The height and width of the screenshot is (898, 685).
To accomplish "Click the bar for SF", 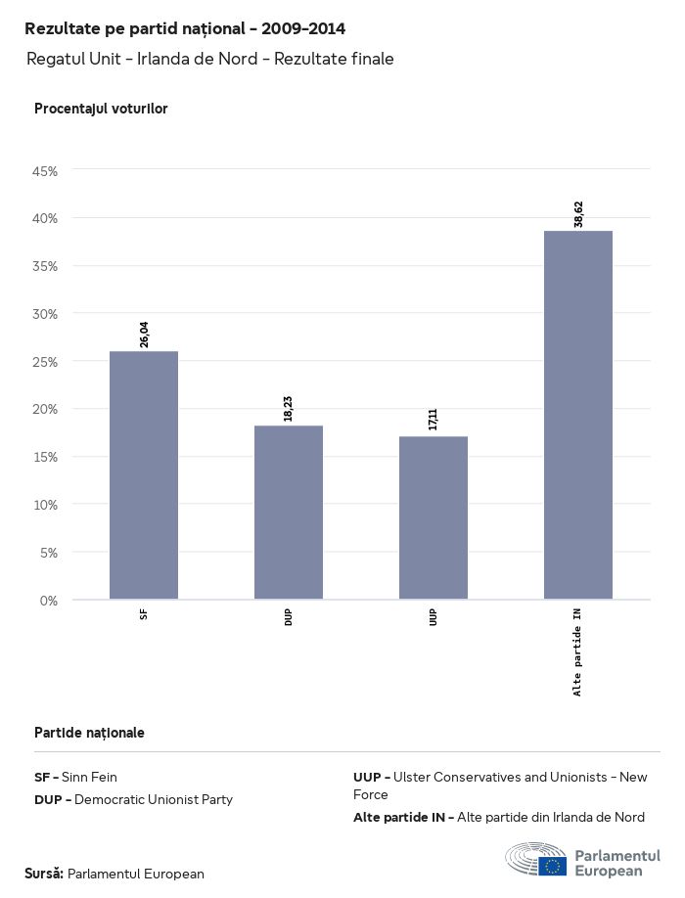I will [x=144, y=475].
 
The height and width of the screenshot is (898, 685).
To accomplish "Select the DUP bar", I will [x=289, y=513].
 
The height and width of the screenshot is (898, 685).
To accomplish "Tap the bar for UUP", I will [x=434, y=517].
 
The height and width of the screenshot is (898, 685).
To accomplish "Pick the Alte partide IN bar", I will [x=578, y=415].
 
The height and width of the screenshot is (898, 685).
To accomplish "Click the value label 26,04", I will [x=145, y=335].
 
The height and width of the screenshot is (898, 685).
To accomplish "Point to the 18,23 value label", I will [x=289, y=409].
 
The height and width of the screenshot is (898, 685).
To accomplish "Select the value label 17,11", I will [x=434, y=420].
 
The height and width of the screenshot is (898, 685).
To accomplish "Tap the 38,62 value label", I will [x=578, y=214].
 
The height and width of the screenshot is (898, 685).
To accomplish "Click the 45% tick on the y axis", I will [x=46, y=171].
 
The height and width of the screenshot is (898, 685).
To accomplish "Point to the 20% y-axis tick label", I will [x=46, y=409].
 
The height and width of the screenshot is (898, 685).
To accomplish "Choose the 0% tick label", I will [x=49, y=600].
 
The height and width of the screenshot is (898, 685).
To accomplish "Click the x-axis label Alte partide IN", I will [x=577, y=651].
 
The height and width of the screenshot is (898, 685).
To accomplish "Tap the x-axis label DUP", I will [x=289, y=617].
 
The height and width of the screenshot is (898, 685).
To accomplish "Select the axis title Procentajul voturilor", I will [x=101, y=109].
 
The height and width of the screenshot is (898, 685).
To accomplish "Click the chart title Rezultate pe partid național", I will [x=185, y=28].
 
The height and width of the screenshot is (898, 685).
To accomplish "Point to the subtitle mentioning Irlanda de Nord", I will [x=210, y=59].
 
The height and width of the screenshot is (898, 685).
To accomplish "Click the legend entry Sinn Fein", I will [x=75, y=777].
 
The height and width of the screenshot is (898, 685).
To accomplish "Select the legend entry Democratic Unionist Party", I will [x=133, y=799].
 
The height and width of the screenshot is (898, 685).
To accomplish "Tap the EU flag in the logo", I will [x=553, y=866].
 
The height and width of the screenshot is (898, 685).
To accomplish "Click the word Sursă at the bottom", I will [x=44, y=874].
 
